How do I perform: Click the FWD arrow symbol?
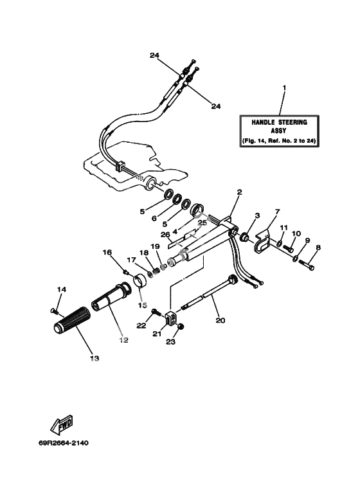click(62, 424)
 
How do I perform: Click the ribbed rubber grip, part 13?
click(72, 320)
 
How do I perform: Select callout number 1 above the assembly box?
click(284, 87)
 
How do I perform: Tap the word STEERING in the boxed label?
click(292, 122)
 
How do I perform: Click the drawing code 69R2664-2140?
click(64, 443)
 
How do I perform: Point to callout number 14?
click(62, 289)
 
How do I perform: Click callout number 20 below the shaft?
click(221, 320)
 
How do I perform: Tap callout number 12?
click(123, 339)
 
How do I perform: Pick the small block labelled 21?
click(170, 318)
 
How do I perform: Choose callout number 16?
click(107, 252)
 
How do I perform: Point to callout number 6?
click(154, 219)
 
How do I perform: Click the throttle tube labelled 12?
click(111, 295)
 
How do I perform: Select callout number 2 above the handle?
click(239, 192)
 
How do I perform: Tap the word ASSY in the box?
click(278, 131)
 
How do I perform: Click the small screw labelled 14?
click(55, 311)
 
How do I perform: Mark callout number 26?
click(165, 235)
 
